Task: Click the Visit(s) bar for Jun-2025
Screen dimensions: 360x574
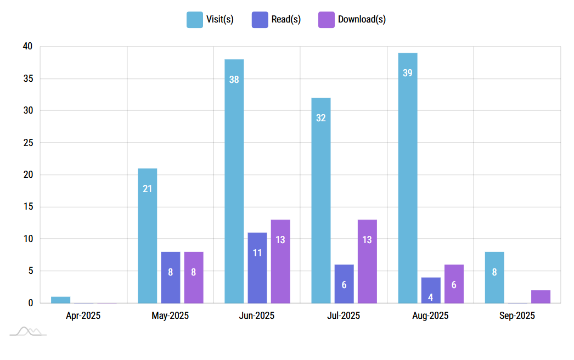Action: [x=234, y=181]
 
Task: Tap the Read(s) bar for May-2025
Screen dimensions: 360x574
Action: [x=170, y=277]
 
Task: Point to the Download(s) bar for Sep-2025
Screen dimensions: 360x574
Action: [x=541, y=296]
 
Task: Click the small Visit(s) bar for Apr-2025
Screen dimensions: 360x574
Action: [x=60, y=300]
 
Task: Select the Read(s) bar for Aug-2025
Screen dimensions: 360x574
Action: [x=431, y=290]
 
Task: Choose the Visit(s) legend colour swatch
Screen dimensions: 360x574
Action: [x=195, y=19]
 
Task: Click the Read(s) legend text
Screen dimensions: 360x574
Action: [x=286, y=19]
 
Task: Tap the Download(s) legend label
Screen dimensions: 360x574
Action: [x=362, y=19]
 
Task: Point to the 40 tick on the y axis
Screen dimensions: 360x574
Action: [x=28, y=47]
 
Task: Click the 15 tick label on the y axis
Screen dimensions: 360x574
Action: [x=28, y=207]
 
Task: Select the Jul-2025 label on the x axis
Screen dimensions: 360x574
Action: [x=344, y=316]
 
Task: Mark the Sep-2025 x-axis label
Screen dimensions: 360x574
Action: [x=517, y=316]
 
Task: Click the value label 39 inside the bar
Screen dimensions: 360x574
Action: [x=408, y=72]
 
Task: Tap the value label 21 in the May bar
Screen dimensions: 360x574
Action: [x=147, y=189]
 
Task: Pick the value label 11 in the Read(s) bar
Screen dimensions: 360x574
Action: [x=257, y=253]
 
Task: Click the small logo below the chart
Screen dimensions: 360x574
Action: [x=28, y=331]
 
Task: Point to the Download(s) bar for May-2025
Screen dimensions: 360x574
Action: [x=194, y=277]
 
